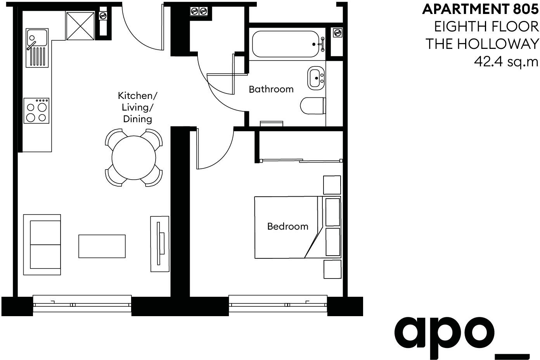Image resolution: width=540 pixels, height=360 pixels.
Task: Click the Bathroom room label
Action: tap(271, 89)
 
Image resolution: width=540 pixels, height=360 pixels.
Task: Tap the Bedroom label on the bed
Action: tap(287, 226)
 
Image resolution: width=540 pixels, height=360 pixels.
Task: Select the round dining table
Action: tap(134, 157)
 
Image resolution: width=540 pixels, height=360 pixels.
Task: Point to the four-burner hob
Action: tap(36, 111)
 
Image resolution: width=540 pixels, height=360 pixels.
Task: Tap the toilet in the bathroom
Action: tap(313, 106)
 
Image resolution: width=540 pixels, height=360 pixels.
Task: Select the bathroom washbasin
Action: tap(317, 78)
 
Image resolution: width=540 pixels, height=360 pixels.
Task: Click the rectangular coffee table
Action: tap(102, 246)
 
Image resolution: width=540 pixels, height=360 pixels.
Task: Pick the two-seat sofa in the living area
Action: tap(42, 244)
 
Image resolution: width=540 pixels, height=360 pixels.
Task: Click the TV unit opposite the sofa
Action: tap(159, 244)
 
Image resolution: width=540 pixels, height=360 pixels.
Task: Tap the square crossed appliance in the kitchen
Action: tap(80, 26)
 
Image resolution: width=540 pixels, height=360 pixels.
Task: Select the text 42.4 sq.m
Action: tap(506, 61)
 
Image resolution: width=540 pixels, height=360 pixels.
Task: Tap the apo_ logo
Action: tap(461, 334)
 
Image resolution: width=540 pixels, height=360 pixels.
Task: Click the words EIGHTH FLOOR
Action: tap(486, 26)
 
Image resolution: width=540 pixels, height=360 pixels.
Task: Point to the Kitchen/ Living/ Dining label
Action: tap(138, 107)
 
